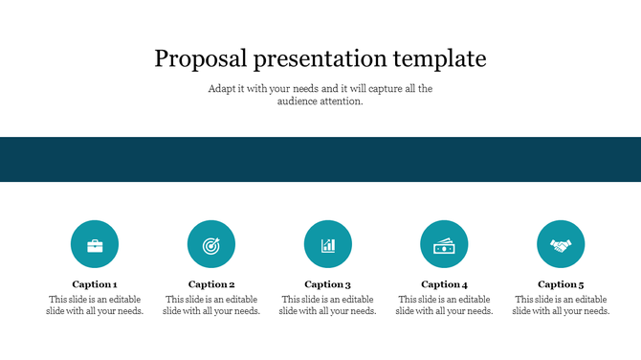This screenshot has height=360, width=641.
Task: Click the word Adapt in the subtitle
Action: (x=222, y=89)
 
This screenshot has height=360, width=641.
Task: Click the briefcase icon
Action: (x=95, y=244)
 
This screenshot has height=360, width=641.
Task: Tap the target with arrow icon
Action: (x=211, y=244)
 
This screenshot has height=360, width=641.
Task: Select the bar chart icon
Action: (x=328, y=244)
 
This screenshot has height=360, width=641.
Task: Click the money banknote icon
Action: (x=444, y=244)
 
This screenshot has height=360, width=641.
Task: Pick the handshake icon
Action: (x=561, y=244)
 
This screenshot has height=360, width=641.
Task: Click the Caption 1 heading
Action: (x=95, y=284)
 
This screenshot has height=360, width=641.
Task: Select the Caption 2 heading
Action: (x=211, y=284)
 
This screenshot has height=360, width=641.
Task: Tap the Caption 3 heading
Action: (x=328, y=284)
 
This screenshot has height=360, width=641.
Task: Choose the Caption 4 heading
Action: (x=444, y=284)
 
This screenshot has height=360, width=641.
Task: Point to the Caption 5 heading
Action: (x=561, y=284)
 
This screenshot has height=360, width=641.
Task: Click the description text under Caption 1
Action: (x=95, y=305)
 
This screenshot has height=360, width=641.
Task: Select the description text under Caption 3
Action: (x=328, y=305)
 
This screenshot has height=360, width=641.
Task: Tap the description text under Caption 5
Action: (x=561, y=305)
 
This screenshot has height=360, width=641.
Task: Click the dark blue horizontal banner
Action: (x=320, y=159)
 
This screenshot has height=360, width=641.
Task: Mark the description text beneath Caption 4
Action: (x=444, y=305)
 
